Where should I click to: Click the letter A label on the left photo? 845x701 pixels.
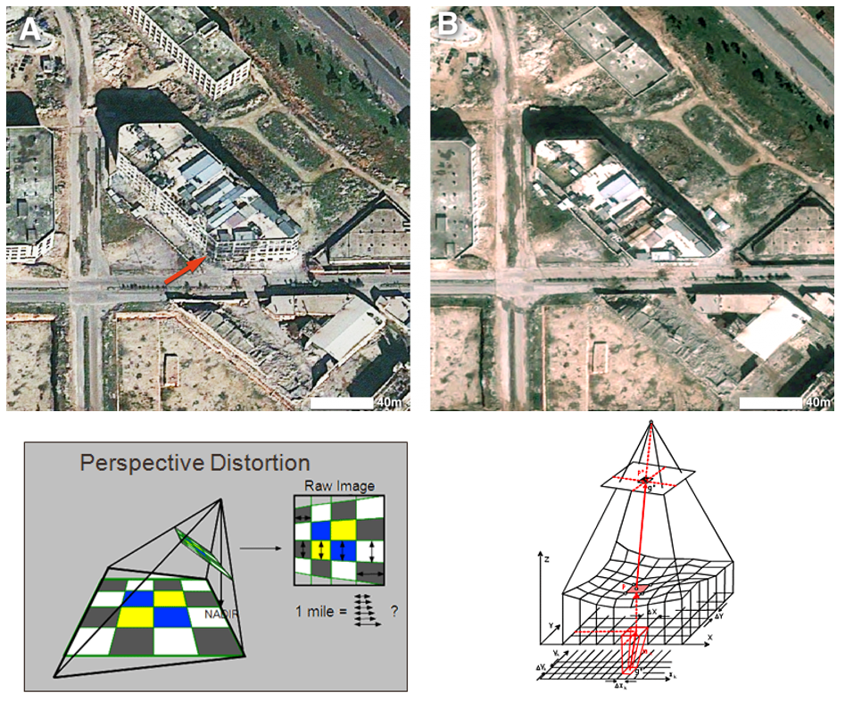click(x=30, y=29)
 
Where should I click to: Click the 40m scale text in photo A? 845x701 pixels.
click(x=390, y=403)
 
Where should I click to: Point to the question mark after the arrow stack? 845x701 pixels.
click(x=394, y=613)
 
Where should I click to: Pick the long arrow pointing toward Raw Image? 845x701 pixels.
click(x=259, y=550)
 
